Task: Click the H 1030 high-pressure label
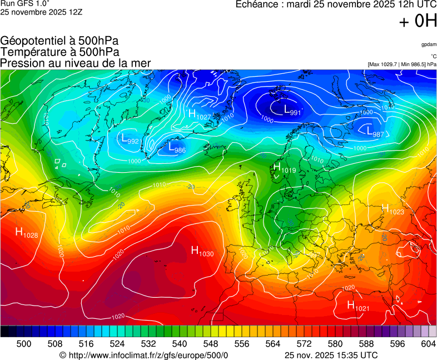202,251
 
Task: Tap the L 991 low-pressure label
292,111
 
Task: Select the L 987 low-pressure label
375,132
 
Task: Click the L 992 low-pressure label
130,139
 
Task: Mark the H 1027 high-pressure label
200,115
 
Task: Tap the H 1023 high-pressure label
393,209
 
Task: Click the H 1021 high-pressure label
358,306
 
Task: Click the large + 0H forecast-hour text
418,21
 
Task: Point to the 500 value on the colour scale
23,344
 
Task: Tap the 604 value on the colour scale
428,344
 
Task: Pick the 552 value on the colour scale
226,344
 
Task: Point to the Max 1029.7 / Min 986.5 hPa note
402,64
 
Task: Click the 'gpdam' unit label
428,44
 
